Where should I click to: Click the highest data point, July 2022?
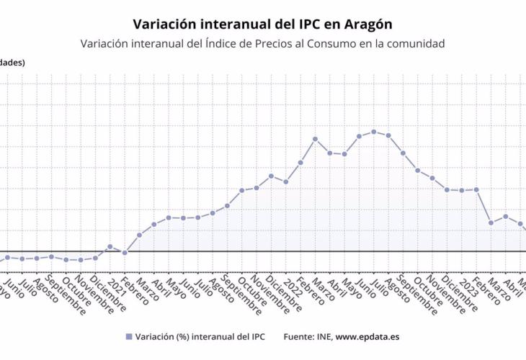pos(373,132)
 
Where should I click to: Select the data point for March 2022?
pos(315,138)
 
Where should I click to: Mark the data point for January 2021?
pos(110,246)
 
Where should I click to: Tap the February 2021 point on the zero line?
pos(125,253)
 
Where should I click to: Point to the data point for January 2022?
pos(285,181)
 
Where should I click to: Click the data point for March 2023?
pos(491,222)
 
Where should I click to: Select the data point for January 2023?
pos(461,190)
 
